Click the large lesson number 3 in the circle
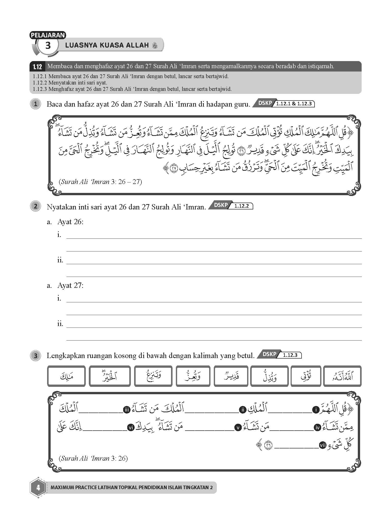[48, 46]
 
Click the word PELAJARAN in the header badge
[48, 35]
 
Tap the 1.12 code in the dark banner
[37, 67]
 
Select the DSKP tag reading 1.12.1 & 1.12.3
[284, 104]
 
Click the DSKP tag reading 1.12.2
[231, 206]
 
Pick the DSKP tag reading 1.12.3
[279, 355]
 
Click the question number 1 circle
[36, 104]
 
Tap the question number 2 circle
[36, 206]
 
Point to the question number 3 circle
[36, 356]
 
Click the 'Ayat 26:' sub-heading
[70, 222]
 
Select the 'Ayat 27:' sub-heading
[70, 286]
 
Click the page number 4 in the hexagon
[38, 488]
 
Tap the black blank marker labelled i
[316, 410]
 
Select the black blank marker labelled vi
[131, 428]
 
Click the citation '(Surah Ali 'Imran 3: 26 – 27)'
[100, 182]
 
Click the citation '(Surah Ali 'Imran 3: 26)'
[93, 458]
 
